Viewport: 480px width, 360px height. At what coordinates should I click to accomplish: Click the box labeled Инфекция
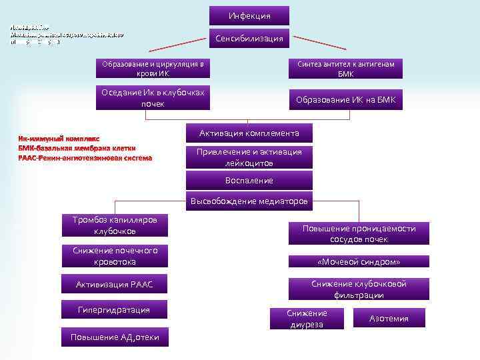pyautogui.click(x=249, y=15)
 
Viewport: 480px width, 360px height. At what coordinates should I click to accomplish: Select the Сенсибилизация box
pyautogui.click(x=249, y=39)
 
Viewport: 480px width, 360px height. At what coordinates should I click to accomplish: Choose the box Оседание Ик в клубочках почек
pyautogui.click(x=153, y=97)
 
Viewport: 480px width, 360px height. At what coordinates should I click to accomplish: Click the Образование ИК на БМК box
pyautogui.click(x=346, y=100)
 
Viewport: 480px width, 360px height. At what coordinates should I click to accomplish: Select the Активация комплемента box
pyautogui.click(x=249, y=133)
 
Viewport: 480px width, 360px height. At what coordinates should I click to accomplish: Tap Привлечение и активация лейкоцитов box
pyautogui.click(x=249, y=157)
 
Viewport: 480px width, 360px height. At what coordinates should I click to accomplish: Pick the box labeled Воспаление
pyautogui.click(x=249, y=181)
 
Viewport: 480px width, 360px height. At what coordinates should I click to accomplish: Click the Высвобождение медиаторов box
pyautogui.click(x=249, y=201)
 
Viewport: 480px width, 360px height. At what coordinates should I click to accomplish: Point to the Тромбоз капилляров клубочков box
pyautogui.click(x=114, y=225)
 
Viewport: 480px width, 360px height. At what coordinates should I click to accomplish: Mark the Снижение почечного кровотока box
pyautogui.click(x=114, y=256)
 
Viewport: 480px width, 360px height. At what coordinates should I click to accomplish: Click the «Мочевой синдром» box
pyautogui.click(x=359, y=262)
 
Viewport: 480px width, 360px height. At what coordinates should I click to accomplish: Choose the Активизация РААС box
pyautogui.click(x=114, y=285)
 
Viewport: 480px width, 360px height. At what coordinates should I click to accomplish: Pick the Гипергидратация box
pyautogui.click(x=114, y=310)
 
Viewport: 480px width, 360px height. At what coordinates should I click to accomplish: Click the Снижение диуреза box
pyautogui.click(x=307, y=319)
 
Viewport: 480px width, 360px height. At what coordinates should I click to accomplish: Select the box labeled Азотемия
pyautogui.click(x=389, y=319)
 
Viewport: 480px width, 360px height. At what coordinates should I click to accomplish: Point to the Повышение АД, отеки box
pyautogui.click(x=114, y=337)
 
